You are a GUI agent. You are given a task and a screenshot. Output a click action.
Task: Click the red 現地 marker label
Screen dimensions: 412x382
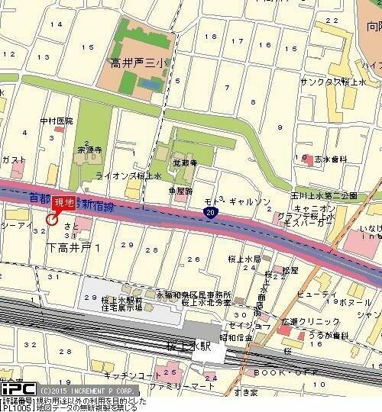(63, 203)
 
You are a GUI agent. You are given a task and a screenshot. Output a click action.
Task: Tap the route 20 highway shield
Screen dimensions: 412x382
(209, 214)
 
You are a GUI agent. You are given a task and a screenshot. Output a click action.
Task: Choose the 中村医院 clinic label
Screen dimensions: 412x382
(57, 121)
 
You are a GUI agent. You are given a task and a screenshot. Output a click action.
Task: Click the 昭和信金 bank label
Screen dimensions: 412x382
(232, 336)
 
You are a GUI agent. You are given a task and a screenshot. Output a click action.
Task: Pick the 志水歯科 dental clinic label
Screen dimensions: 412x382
(330, 159)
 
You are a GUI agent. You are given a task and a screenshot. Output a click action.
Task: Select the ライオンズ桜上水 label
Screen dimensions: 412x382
(128, 175)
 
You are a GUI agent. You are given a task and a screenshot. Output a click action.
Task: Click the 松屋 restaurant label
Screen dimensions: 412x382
(289, 270)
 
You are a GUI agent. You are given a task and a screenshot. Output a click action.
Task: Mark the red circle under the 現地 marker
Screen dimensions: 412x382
(51, 220)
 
